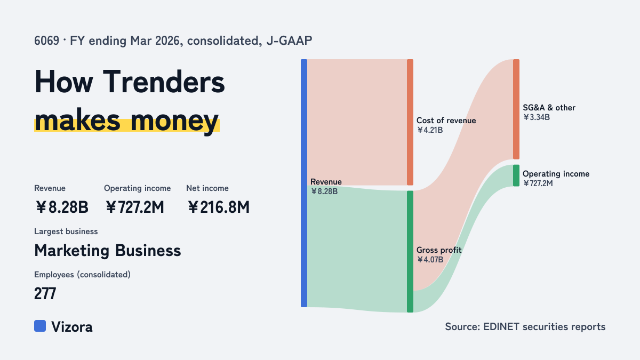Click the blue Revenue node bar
tap(304, 183)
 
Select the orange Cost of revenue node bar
tap(410, 122)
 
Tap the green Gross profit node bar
tap(410, 251)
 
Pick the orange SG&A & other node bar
tap(516, 109)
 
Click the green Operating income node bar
tap(516, 175)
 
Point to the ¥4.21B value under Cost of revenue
tap(430, 130)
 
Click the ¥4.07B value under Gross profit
tap(430, 260)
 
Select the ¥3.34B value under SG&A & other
tap(537, 117)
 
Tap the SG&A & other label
tap(549, 108)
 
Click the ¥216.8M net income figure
tap(219, 207)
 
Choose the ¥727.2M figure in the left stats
tap(134, 207)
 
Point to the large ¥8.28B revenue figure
tap(62, 207)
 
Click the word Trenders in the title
tap(164, 82)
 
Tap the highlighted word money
tap(174, 121)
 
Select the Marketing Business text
tap(107, 251)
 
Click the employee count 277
tap(45, 293)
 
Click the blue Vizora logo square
tap(40, 326)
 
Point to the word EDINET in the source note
tap(501, 326)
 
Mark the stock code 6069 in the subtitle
tap(46, 41)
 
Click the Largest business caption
tap(66, 231)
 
